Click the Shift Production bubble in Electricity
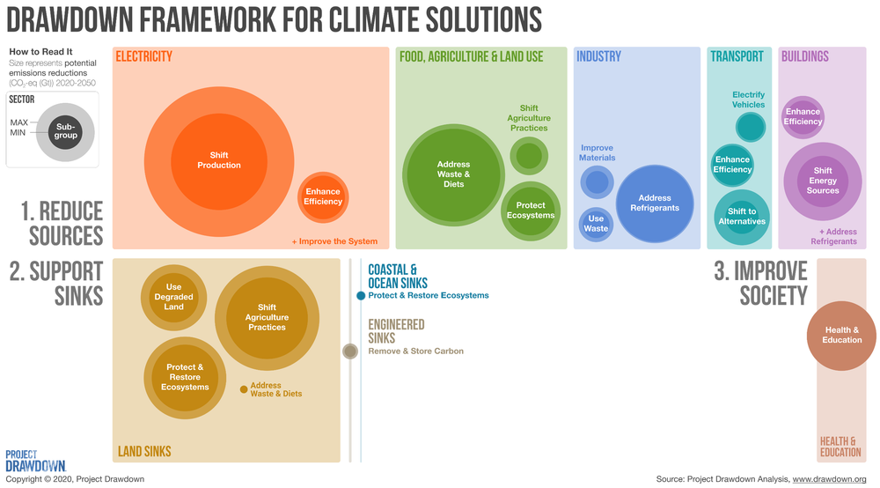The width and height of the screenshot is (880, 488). click(219, 159)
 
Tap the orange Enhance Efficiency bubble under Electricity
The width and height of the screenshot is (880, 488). click(323, 196)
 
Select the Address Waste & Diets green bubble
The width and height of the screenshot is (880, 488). click(453, 174)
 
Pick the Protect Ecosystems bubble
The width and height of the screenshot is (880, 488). click(531, 211)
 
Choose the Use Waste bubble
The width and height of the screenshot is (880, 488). click(596, 223)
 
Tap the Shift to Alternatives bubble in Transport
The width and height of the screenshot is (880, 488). click(742, 216)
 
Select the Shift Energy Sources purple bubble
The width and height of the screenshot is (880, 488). click(822, 181)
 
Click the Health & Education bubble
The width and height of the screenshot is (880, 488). click(842, 335)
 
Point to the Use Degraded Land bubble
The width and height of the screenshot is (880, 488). click(173, 297)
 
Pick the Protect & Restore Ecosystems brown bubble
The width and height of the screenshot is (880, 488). click(185, 377)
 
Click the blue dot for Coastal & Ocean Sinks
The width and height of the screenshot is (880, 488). click(361, 296)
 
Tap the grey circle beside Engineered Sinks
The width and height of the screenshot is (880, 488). click(349, 351)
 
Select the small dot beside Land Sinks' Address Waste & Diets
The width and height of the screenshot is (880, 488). click(243, 388)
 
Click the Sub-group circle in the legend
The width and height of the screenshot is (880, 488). click(66, 130)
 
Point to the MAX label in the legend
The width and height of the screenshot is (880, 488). click(20, 122)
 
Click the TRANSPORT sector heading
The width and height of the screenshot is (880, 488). click(737, 56)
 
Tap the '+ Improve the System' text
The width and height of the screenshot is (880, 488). click(334, 241)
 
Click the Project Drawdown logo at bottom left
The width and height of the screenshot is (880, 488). click(35, 461)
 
